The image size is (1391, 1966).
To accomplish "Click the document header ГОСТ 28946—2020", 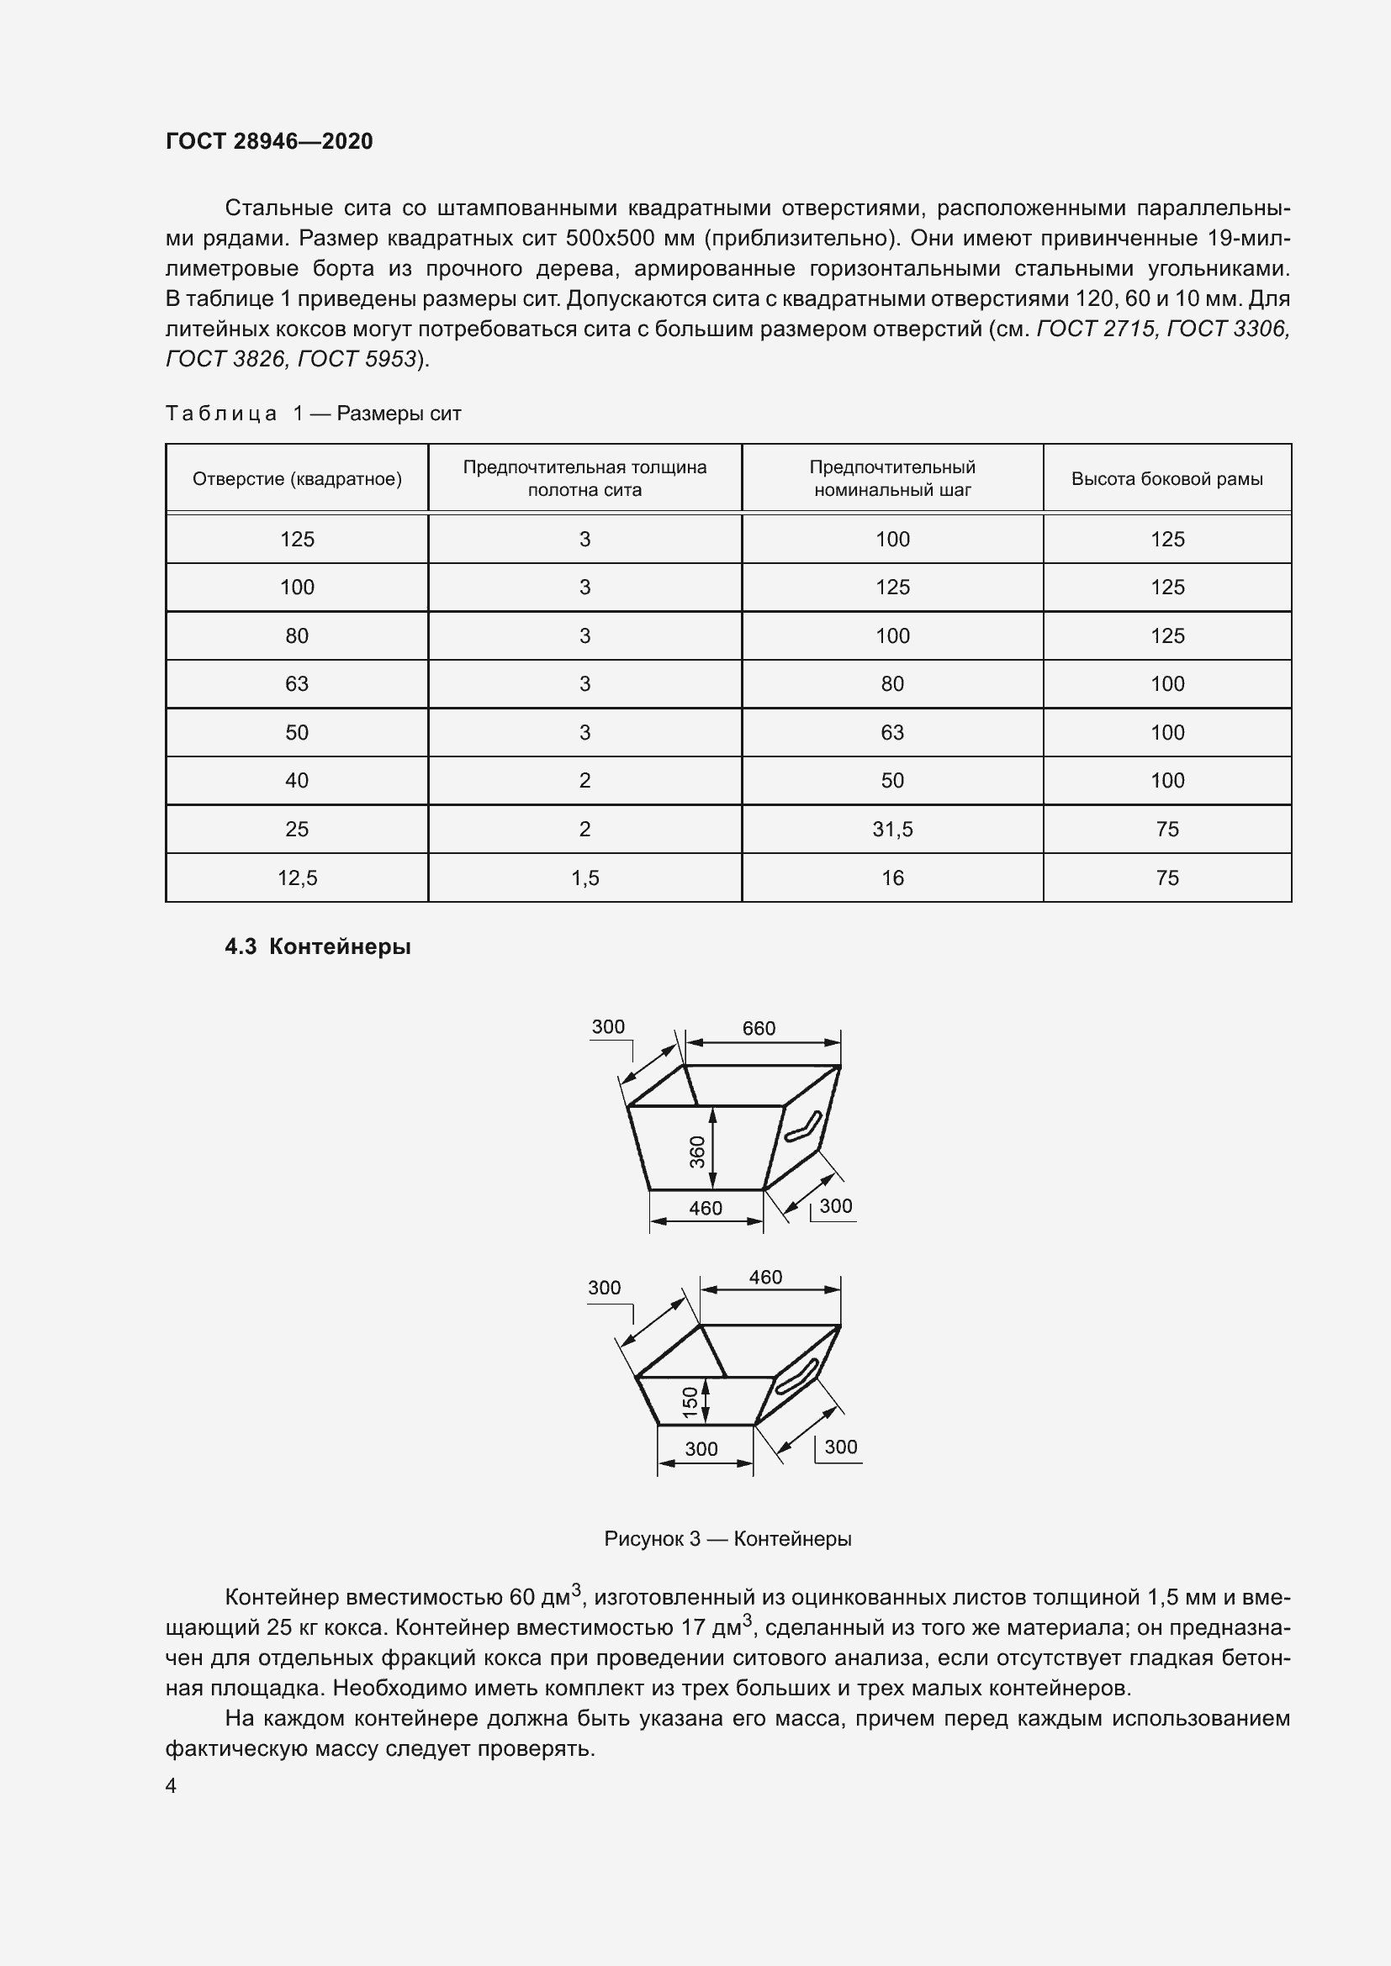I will tap(269, 141).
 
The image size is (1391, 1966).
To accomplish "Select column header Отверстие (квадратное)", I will tap(296, 478).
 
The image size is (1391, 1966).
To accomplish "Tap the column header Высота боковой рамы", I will tap(1166, 478).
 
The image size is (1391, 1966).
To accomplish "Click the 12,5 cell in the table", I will tap(296, 878).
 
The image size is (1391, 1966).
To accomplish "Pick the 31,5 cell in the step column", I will tap(891, 829).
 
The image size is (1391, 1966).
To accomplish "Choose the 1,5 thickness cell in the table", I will tap(585, 878).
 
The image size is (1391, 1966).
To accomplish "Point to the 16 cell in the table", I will tap(891, 878).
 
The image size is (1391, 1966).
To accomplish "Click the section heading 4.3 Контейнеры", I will tap(318, 947).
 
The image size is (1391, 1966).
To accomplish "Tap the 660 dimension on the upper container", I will tap(759, 1027).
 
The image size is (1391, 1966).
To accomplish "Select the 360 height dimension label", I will tap(697, 1151).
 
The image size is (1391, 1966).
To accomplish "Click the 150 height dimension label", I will tap(690, 1402).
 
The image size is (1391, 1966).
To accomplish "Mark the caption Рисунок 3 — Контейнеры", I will tap(727, 1539).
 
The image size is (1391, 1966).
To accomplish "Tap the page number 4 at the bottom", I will tap(172, 1786).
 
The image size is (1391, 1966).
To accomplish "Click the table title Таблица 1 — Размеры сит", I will tap(313, 414).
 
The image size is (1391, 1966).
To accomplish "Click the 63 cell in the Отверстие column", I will tap(296, 683).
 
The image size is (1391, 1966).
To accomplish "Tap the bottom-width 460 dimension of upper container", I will tap(706, 1207).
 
